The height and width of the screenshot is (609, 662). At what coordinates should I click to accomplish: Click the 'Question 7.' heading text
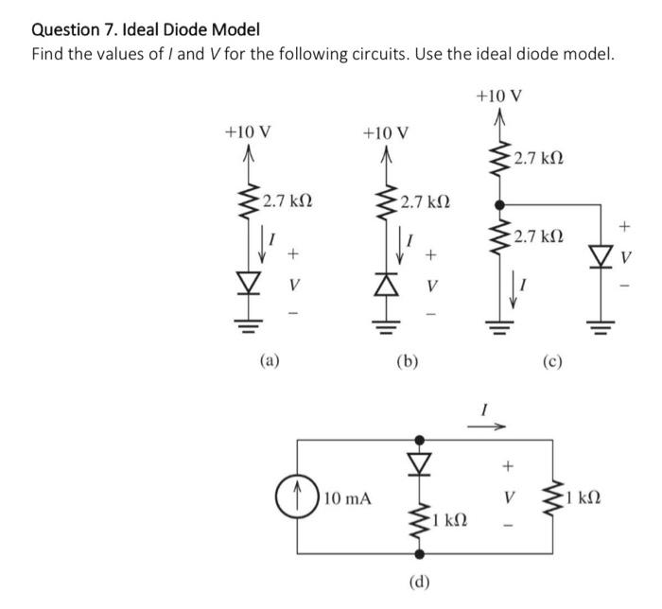click(71, 28)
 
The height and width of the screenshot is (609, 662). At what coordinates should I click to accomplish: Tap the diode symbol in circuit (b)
click(387, 283)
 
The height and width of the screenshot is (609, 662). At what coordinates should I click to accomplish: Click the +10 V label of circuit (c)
click(498, 96)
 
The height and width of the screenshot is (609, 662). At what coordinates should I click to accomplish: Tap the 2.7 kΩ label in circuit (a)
click(287, 201)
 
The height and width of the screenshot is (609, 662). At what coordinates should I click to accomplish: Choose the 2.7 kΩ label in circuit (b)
click(425, 201)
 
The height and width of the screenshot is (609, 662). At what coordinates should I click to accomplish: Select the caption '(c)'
click(553, 359)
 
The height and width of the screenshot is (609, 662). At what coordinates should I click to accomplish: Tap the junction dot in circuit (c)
click(498, 202)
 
